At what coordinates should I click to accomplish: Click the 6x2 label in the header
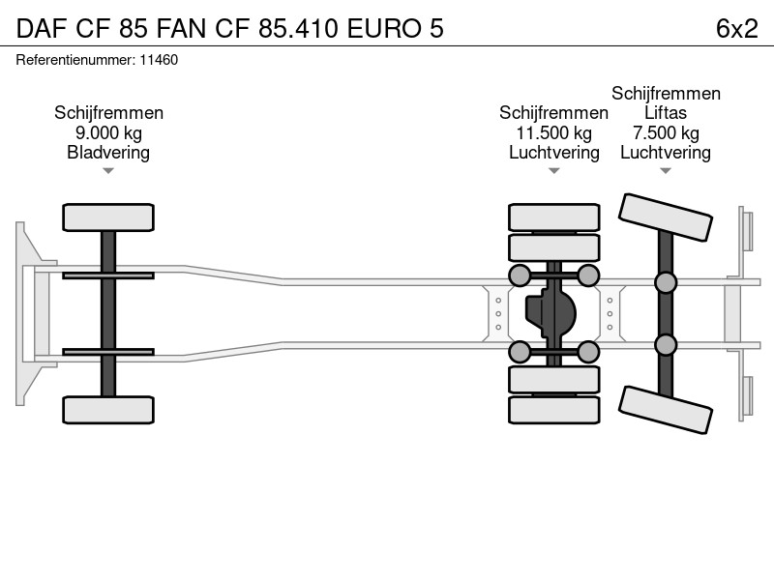click(x=736, y=29)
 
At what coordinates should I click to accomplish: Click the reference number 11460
click(x=159, y=60)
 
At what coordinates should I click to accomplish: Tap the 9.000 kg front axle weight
click(x=108, y=133)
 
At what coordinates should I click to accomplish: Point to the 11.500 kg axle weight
click(x=553, y=133)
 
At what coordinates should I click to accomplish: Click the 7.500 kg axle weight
click(x=666, y=133)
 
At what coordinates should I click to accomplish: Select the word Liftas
click(x=666, y=113)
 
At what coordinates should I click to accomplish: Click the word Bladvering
click(x=108, y=153)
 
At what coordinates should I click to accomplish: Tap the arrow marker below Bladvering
click(x=108, y=171)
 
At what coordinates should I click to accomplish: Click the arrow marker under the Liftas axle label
click(x=666, y=171)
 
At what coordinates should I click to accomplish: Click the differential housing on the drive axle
click(x=551, y=313)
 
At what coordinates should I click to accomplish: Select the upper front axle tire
click(x=108, y=217)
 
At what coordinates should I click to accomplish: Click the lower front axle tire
click(x=108, y=410)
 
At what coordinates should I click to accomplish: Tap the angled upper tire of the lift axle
click(x=666, y=217)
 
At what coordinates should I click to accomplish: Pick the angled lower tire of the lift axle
click(x=666, y=410)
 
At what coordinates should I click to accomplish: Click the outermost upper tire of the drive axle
click(x=554, y=217)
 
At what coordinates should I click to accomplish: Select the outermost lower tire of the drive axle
click(x=554, y=410)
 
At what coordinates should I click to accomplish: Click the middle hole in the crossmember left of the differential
click(x=498, y=313)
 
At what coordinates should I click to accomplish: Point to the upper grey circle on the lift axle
click(x=666, y=282)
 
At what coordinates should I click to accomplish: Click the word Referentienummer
click(x=75, y=60)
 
